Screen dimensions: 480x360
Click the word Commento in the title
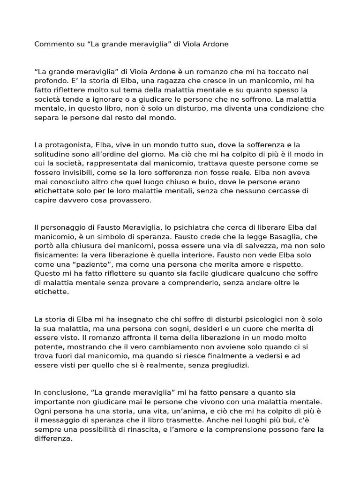click(x=53, y=44)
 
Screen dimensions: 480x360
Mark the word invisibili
click(x=73, y=172)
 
